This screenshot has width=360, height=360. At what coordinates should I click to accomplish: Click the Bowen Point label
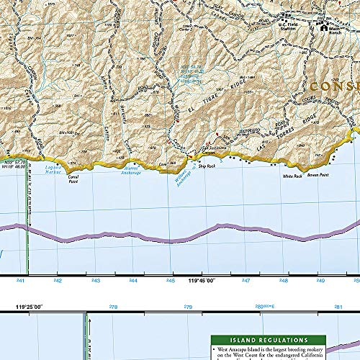[317, 175]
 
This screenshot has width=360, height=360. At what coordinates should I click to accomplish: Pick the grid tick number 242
[58, 282]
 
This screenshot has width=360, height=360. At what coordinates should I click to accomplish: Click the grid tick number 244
[132, 282]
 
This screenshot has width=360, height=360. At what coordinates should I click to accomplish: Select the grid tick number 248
[284, 282]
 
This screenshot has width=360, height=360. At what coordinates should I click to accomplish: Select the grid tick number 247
[246, 282]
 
